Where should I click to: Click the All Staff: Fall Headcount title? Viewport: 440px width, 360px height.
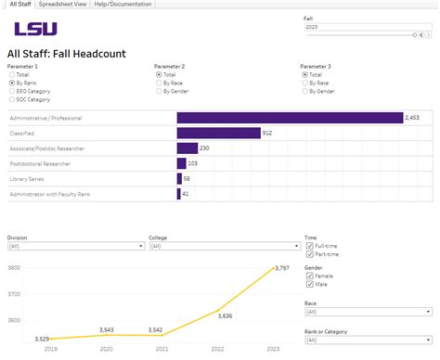[66, 55]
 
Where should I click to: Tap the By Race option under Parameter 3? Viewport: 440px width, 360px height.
[305, 83]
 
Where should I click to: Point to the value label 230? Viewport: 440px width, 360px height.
[204, 148]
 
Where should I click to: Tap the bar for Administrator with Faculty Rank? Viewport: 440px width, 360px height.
[178, 193]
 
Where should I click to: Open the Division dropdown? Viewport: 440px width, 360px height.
[74, 247]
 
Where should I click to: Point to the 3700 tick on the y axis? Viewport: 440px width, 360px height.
[14, 294]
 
